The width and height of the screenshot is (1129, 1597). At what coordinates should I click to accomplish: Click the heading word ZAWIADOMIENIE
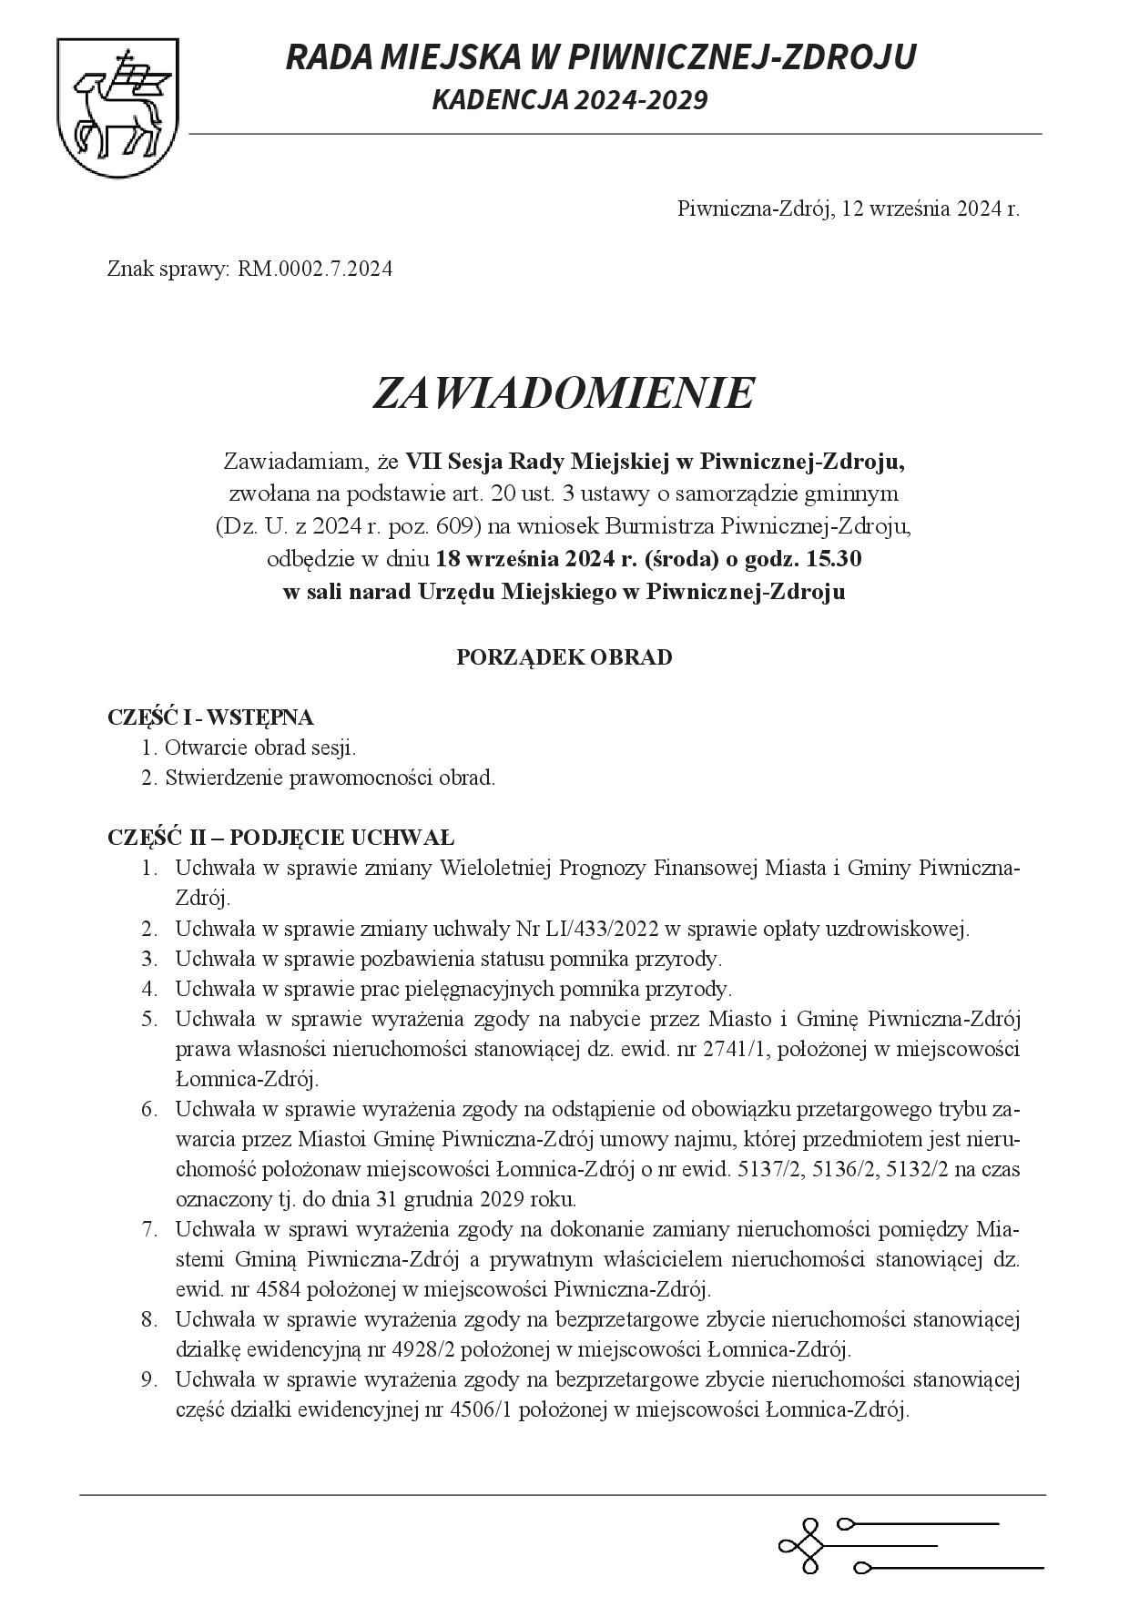tap(564, 392)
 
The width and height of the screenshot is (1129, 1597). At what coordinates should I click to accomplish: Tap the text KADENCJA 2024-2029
tap(569, 99)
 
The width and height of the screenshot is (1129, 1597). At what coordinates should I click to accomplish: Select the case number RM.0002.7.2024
tap(315, 270)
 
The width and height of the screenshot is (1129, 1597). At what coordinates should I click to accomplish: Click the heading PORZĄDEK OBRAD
tap(564, 657)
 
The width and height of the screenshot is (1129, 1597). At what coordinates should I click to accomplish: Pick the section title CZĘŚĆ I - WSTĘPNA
tap(210, 717)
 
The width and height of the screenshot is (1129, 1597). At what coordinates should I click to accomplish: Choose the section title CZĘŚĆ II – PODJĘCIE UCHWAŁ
tap(280, 838)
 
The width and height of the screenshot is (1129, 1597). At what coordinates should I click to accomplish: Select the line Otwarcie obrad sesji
tap(260, 748)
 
